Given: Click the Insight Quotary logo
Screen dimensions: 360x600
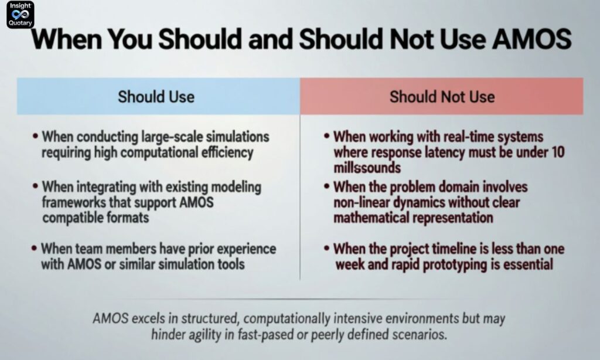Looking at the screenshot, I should click(x=20, y=15).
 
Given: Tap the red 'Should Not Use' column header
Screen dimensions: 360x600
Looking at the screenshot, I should click(x=442, y=96).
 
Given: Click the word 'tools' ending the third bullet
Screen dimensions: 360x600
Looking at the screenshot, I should click(x=229, y=264).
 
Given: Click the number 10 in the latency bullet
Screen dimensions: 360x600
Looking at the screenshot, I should click(x=558, y=152).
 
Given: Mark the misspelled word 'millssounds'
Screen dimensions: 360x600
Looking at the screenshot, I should click(x=367, y=168).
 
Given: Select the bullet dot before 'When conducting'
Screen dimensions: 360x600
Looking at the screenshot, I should click(x=36, y=137).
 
